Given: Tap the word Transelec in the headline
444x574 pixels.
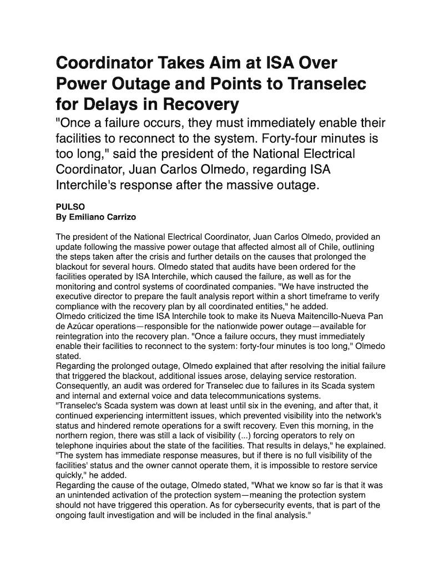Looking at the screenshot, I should click(324, 83).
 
